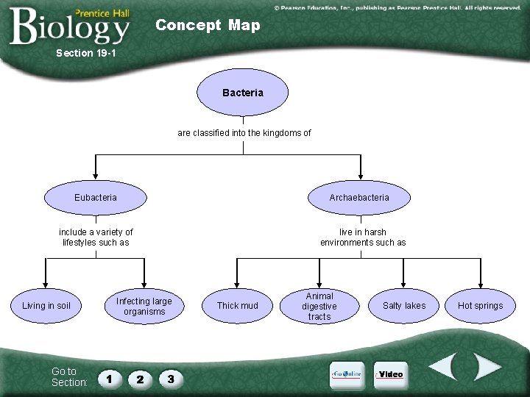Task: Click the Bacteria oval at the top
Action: [242, 93]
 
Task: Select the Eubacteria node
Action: [96, 197]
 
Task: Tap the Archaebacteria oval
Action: [359, 197]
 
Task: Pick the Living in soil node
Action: [46, 306]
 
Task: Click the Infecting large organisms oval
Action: [144, 307]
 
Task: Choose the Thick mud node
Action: [237, 306]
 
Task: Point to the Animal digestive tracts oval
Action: [319, 307]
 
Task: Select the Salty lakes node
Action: [404, 306]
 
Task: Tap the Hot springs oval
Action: [481, 306]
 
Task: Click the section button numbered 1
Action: [109, 379]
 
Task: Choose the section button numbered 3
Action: [170, 379]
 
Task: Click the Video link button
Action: [389, 374]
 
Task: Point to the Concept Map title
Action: [208, 25]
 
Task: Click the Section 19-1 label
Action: [86, 53]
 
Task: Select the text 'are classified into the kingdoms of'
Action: [244, 133]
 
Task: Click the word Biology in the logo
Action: [70, 26]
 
